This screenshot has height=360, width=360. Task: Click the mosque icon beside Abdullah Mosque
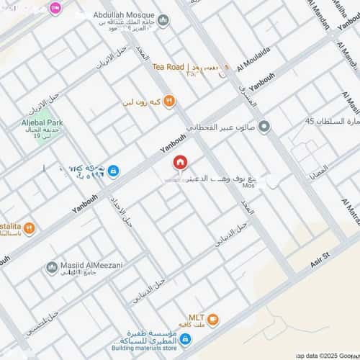tap(163, 20)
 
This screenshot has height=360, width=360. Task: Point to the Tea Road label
tap(168, 67)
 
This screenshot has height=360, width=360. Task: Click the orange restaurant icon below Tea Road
tap(169, 102)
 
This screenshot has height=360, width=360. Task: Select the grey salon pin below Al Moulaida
tap(264, 127)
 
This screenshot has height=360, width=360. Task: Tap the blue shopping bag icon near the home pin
tap(114, 171)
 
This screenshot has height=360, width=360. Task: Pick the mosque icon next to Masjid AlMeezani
tap(52, 268)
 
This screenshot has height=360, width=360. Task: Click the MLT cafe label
tap(197, 317)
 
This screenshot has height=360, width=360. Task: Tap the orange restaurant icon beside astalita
tap(30, 229)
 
